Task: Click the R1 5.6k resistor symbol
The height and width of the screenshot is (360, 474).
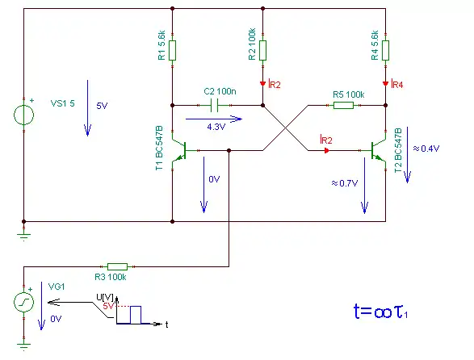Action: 172,50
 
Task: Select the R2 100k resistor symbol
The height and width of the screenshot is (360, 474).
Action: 262,50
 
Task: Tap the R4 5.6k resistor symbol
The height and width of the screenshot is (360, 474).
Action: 385,50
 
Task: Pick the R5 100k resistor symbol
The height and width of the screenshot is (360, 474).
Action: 343,105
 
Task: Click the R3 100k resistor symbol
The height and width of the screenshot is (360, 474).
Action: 118,266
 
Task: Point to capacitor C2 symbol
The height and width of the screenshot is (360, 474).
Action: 214,105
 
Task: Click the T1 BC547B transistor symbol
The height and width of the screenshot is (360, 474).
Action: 179,150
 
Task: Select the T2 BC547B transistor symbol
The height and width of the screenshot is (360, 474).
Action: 378,150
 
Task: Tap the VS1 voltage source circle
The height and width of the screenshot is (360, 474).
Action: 24,115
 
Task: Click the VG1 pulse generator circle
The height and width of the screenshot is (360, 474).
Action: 24,302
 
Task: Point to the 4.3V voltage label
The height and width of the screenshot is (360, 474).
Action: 216,127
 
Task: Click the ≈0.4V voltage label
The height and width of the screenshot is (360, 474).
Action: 426,149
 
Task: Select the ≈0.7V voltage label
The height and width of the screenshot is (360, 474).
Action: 345,183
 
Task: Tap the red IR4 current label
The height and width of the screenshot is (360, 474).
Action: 397,84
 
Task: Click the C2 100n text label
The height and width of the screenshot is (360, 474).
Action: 220,91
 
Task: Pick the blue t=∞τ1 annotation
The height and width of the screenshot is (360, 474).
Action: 381,312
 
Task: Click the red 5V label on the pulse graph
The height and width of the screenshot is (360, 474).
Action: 108,306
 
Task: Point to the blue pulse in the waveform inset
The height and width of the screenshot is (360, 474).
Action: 136,315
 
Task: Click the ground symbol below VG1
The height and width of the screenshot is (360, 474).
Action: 24,346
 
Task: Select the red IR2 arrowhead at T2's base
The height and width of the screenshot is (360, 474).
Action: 326,150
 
